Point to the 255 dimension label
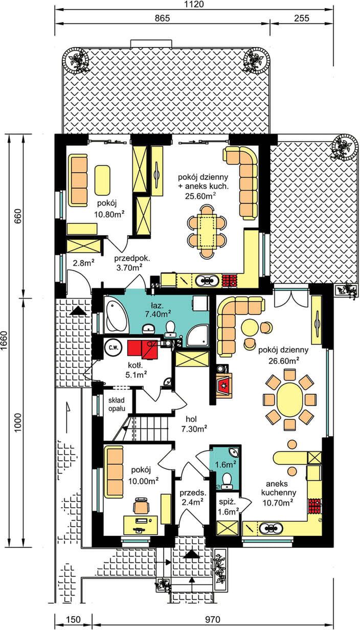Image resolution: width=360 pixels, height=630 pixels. [302, 18]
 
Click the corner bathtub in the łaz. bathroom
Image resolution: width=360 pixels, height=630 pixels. [116, 314]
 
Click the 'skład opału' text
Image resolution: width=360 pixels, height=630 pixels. [117, 404]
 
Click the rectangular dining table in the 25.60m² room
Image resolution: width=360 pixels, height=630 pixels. [207, 231]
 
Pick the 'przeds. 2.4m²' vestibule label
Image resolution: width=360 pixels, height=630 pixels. [193, 497]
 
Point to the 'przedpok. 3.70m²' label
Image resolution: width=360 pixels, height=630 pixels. [131, 263]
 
